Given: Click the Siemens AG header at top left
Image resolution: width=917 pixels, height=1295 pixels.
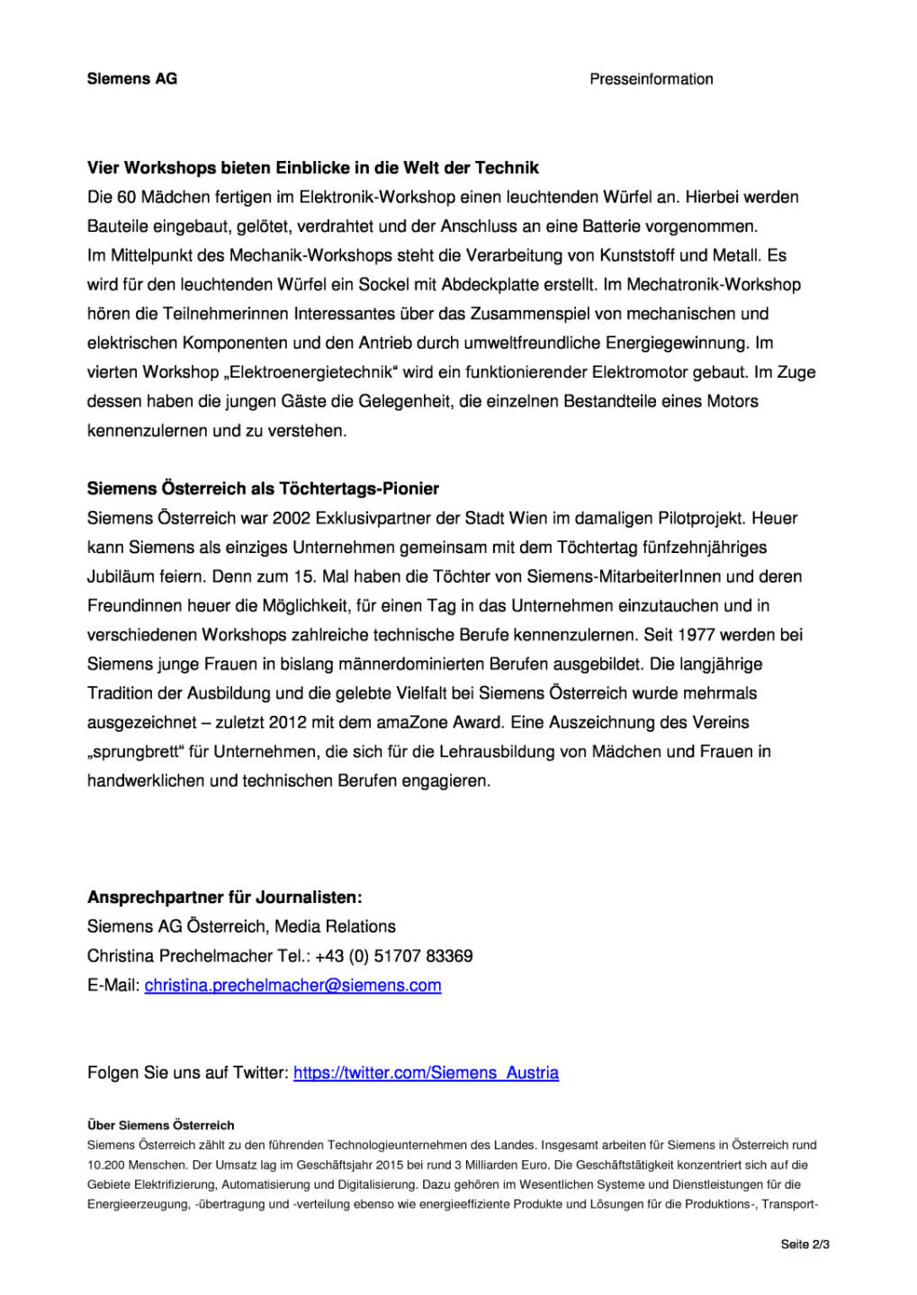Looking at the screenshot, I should (132, 79).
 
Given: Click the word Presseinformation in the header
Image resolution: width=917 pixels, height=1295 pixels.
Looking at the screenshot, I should (651, 79).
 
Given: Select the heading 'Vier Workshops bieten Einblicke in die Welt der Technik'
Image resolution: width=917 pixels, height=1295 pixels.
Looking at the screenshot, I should (312, 168).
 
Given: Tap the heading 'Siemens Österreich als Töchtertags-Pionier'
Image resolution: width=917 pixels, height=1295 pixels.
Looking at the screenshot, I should (263, 489).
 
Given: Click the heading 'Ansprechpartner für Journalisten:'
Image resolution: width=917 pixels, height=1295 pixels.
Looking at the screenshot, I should (224, 898).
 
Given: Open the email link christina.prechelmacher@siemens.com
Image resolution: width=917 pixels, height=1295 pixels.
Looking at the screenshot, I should (292, 986).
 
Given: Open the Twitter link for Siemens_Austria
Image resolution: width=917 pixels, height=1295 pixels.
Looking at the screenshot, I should (426, 1073).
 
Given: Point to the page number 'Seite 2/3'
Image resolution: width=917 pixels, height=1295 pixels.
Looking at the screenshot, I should (805, 1245).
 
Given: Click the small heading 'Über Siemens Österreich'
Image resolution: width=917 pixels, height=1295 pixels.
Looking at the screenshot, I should (160, 1125).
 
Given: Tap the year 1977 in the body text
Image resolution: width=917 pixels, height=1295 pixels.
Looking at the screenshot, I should (696, 635).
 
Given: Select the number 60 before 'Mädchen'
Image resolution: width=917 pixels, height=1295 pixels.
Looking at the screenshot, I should (126, 198).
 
